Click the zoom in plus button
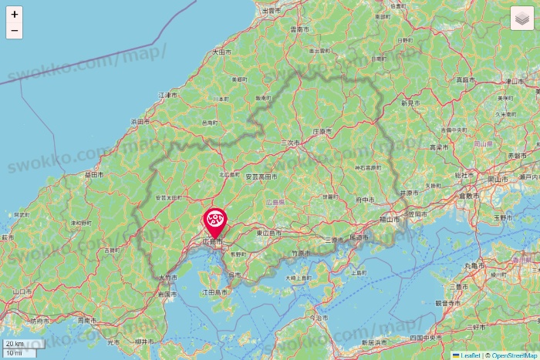pyautogui.click(x=15, y=14)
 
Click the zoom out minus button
pyautogui.click(x=15, y=31)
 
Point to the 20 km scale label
pyautogui.click(x=14, y=344)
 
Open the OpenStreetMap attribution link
pyautogui.click(x=515, y=355)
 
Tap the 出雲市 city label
pyautogui.click(x=272, y=11)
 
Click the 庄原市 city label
pyautogui.click(x=324, y=131)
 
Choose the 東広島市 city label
pyautogui.click(x=268, y=232)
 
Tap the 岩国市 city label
pyautogui.click(x=167, y=294)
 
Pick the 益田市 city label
pyautogui.click(x=94, y=175)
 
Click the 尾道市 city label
pyautogui.click(x=360, y=237)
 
